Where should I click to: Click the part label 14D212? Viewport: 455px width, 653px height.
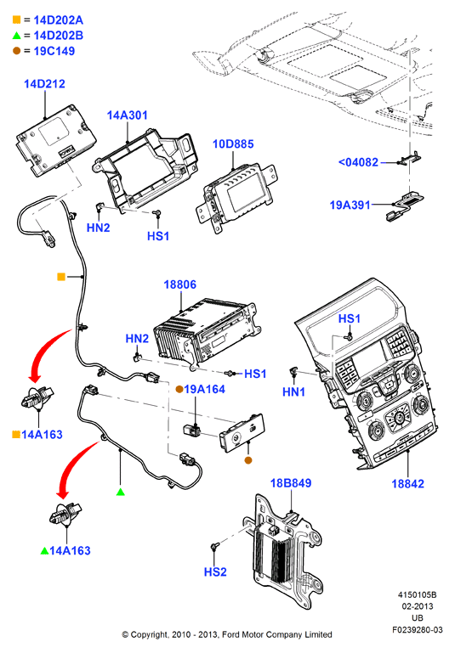click(x=44, y=84)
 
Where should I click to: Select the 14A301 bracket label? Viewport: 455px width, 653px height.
click(x=128, y=115)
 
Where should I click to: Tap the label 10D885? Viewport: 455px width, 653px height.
click(x=233, y=144)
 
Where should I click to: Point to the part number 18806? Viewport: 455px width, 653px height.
click(x=179, y=284)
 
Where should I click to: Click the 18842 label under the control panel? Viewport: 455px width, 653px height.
click(x=407, y=483)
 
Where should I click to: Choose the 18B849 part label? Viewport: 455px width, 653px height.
click(x=291, y=483)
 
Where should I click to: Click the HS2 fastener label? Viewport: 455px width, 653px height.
click(x=215, y=571)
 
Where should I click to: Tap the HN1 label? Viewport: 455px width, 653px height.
click(x=293, y=391)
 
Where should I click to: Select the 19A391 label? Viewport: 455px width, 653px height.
click(x=350, y=205)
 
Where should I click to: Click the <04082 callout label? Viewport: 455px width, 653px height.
click(x=358, y=162)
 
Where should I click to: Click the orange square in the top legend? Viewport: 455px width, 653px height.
click(x=17, y=20)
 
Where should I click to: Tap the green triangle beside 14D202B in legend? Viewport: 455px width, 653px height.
click(x=17, y=36)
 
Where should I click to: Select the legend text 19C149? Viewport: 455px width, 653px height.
click(x=54, y=51)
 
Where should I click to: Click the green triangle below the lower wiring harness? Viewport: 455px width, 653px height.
click(x=121, y=492)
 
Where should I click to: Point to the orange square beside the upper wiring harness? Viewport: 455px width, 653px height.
click(x=61, y=277)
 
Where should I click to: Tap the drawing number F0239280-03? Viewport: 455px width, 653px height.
click(x=417, y=630)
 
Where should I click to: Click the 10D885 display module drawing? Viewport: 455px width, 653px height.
click(x=236, y=197)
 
